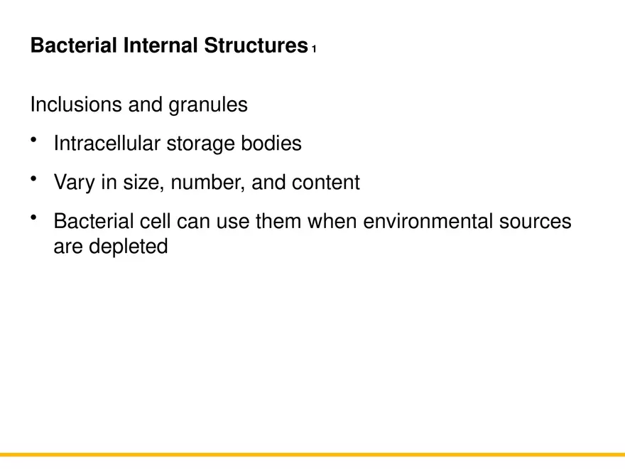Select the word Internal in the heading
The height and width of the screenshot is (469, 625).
161,46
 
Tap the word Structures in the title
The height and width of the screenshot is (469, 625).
256,46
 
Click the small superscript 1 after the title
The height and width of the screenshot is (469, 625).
313,50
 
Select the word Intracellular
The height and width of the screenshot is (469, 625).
107,144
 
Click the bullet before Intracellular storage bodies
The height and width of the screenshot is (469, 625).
34,140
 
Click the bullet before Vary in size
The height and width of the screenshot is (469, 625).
34,179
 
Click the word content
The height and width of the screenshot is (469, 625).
326,183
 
